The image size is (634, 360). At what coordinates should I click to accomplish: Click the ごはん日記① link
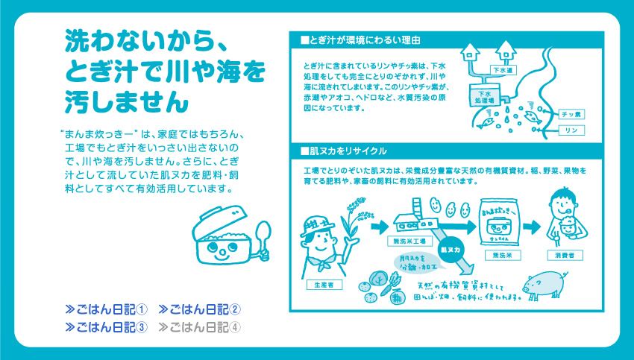coord(107,309)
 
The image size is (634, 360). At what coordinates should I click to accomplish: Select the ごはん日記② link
coord(200,309)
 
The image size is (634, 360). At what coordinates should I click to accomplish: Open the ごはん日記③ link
coord(107,327)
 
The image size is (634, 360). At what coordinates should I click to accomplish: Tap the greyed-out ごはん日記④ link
coord(200,327)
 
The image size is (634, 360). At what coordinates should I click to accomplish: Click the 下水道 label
coord(503,70)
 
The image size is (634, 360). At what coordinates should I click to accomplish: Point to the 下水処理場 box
coord(484,95)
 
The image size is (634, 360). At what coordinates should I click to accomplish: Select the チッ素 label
coord(571,114)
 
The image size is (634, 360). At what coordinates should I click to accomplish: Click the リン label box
coord(571,130)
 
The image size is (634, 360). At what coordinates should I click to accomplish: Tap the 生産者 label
coord(324,285)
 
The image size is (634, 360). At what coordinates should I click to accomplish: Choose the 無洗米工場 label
coord(409,241)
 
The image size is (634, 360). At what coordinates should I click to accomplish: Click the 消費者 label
coord(565,255)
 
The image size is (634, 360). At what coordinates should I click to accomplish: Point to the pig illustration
coord(544,285)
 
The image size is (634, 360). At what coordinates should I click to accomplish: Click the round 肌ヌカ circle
coord(451,250)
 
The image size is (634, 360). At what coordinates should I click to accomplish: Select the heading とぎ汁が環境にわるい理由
coord(360,40)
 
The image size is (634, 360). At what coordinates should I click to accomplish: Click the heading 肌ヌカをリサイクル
coord(344,151)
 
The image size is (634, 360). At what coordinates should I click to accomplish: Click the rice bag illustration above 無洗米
coord(498,222)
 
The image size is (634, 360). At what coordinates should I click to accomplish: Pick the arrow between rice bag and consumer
coord(532,227)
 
